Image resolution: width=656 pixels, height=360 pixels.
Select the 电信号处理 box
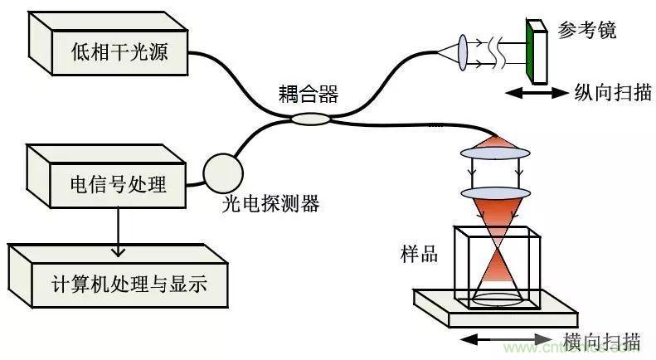tap(108, 182)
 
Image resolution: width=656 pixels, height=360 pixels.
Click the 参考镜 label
tap(588, 31)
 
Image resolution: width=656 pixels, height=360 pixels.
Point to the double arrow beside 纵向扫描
tap(534, 94)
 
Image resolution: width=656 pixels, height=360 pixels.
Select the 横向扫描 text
tap(600, 341)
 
